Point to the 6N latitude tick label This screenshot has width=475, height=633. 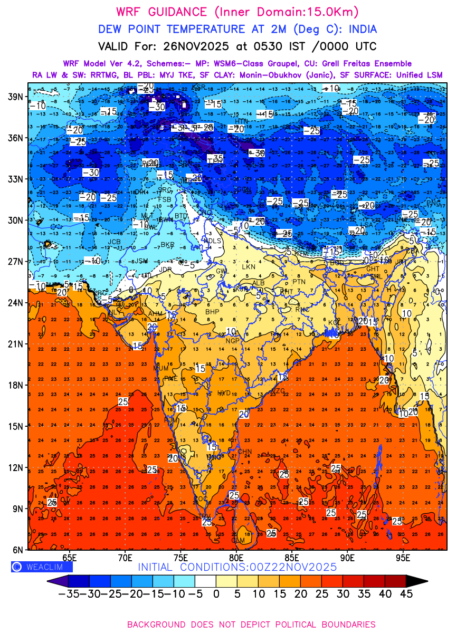point(18,550)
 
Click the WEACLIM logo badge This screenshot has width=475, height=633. point(41,567)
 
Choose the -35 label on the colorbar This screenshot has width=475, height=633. point(68,593)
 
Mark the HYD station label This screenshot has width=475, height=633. point(224,393)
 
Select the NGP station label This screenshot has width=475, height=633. point(233,341)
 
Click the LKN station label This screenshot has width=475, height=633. point(248,267)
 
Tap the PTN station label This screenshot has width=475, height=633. point(299,282)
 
